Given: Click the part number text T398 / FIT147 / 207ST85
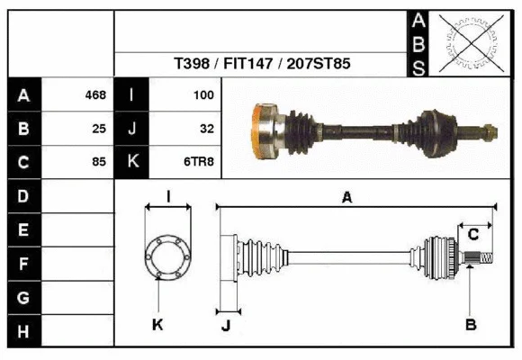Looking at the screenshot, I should click(262, 65).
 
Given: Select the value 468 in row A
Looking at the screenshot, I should click(95, 94).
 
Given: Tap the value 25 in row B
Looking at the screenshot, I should click(99, 129).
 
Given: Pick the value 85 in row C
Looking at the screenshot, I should click(99, 162).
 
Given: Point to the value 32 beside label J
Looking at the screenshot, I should click(206, 129).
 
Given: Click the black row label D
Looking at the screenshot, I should click(23, 195).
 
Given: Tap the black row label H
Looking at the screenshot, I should click(23, 331).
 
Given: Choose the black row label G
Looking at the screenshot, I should click(23, 297).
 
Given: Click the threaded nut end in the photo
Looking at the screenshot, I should click(489, 132).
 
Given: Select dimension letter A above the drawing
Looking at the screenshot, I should click(346, 198).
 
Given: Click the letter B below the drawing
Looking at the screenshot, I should click(470, 324).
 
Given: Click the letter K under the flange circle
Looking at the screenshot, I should click(157, 324).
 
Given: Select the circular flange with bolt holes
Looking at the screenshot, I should click(168, 256).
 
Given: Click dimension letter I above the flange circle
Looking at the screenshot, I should click(168, 197).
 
